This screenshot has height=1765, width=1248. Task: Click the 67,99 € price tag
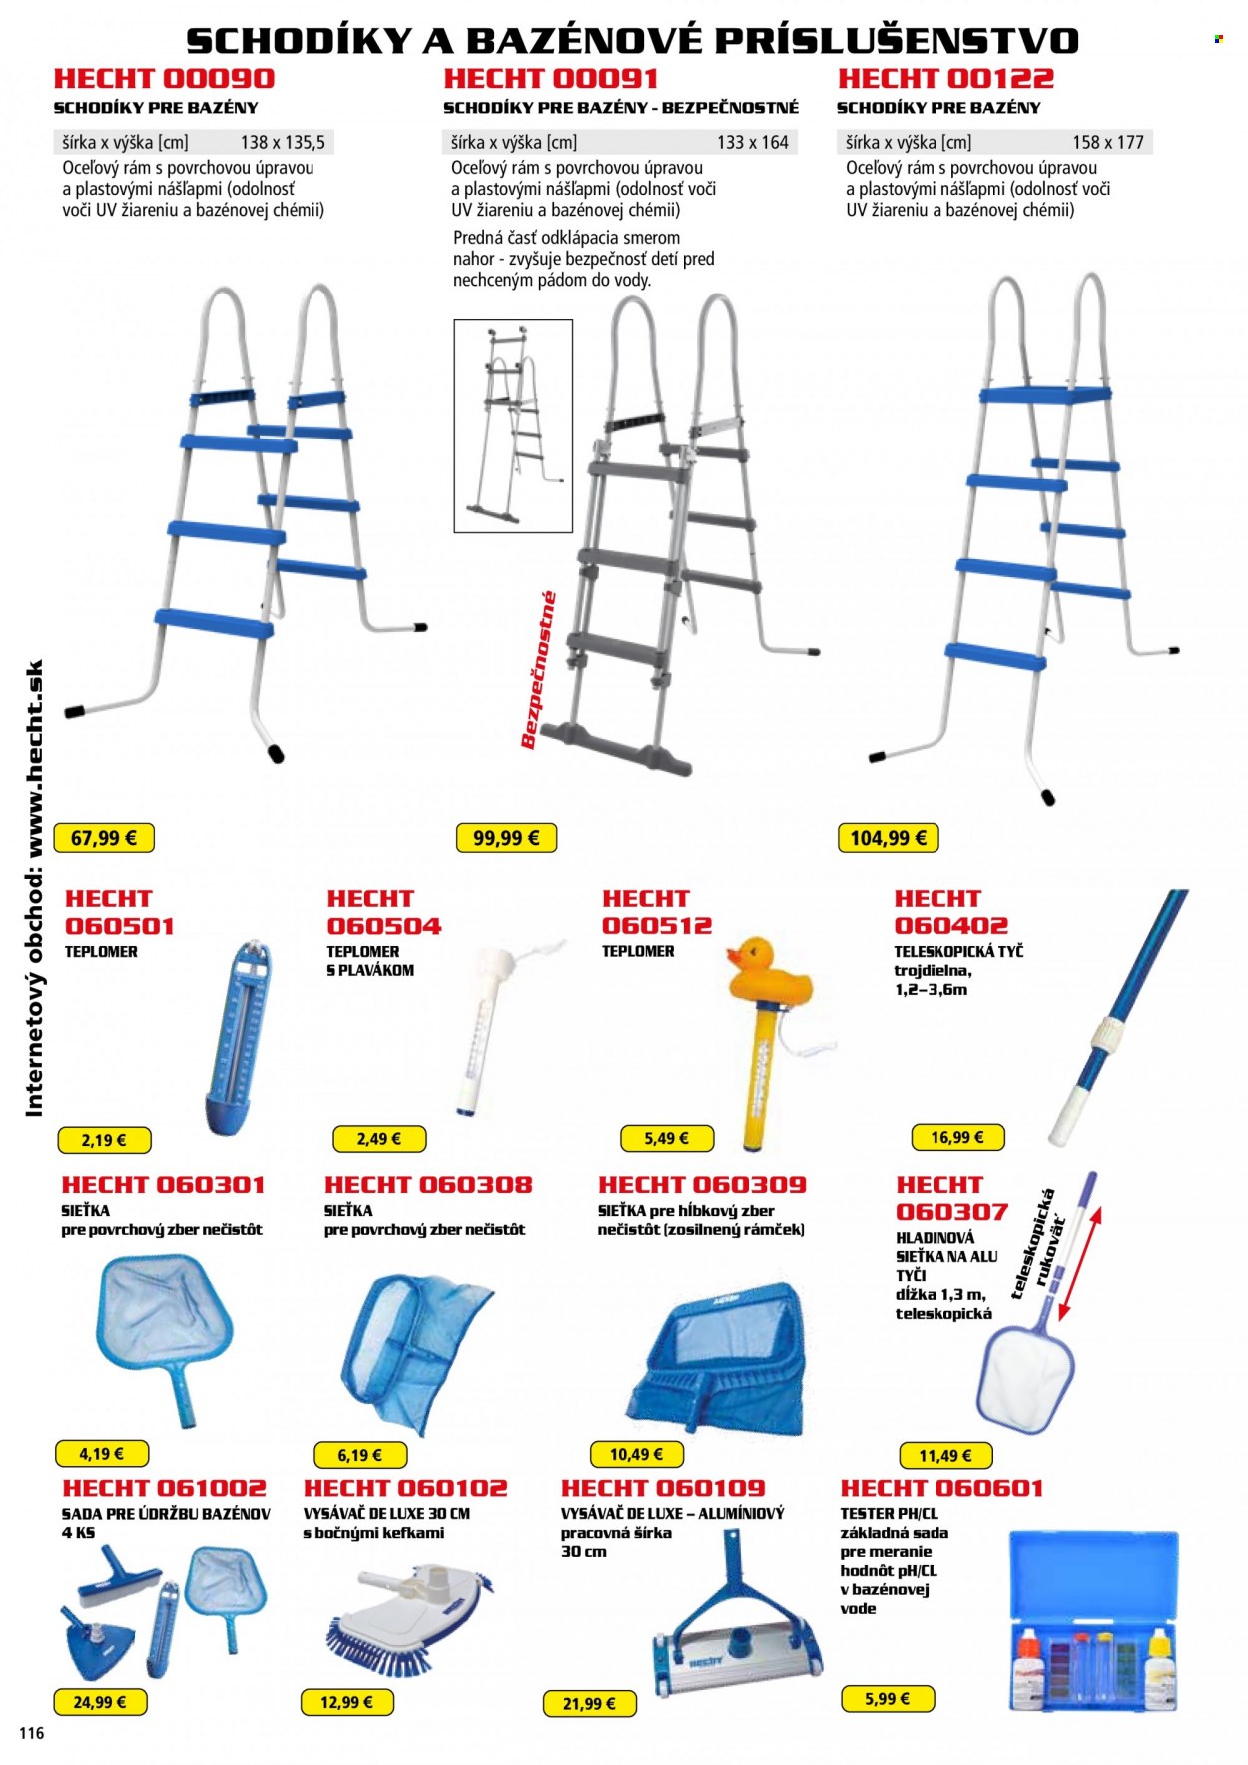105,838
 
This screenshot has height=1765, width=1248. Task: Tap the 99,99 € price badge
506,838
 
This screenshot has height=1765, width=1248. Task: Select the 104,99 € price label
888,838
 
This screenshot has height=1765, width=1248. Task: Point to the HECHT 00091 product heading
551,79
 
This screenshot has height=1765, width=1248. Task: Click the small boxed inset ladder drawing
513,426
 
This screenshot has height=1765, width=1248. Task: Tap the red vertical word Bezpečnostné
538,670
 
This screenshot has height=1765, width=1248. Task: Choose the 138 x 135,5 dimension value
283,142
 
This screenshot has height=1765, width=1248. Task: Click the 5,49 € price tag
666,1138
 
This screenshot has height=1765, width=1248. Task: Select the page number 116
32,1733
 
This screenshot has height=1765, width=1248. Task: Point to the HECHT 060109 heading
663,1488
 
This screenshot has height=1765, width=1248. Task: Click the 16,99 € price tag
957,1137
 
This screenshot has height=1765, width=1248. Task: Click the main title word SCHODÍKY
299,40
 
